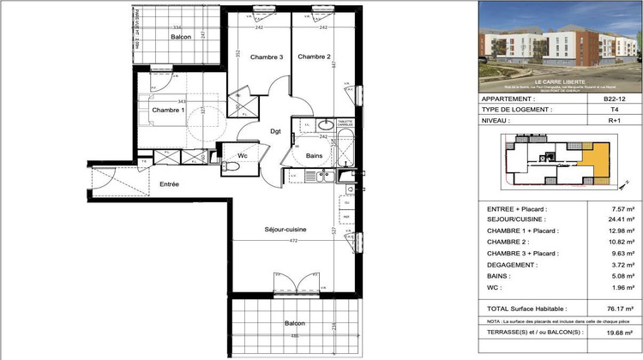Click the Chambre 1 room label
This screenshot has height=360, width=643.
click(x=168, y=111)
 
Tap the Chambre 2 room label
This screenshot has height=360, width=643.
click(x=314, y=57)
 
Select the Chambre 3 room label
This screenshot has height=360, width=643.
click(x=267, y=57)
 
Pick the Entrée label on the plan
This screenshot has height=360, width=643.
click(x=169, y=184)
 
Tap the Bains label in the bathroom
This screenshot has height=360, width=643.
click(x=314, y=155)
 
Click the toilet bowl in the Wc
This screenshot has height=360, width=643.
click(x=230, y=168)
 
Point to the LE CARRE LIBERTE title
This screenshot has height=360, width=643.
click(x=558, y=81)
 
